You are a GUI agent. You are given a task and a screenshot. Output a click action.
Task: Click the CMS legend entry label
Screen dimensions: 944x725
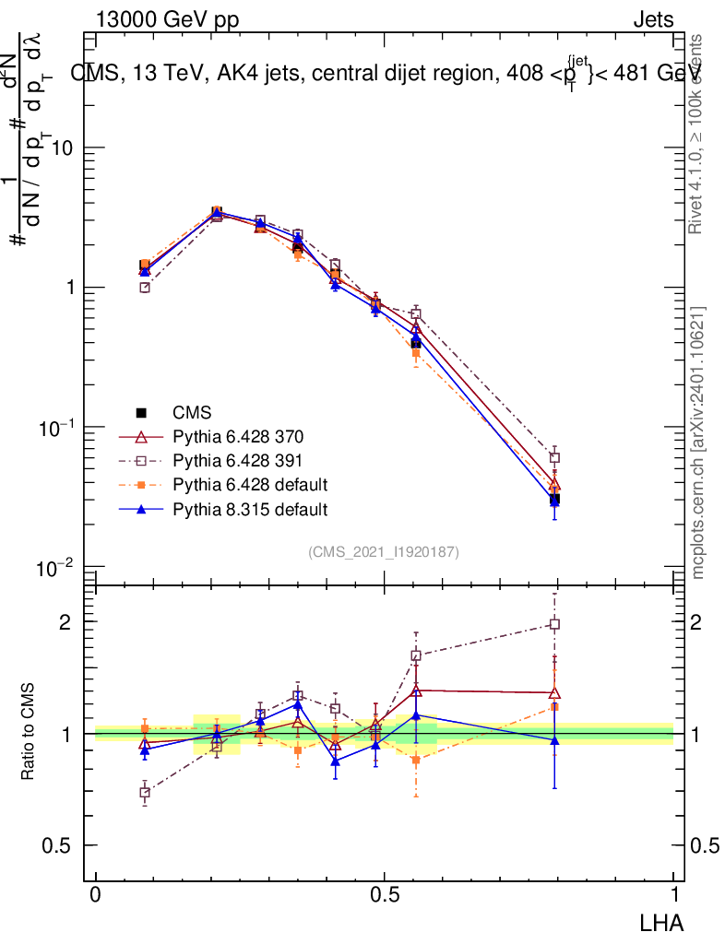(x=193, y=412)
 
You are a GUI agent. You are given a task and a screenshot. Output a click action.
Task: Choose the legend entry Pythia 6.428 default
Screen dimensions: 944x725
(x=250, y=484)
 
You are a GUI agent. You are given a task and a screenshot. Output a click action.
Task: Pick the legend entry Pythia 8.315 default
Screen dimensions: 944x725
(x=250, y=508)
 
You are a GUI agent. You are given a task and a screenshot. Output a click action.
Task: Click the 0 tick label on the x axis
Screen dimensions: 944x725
(x=96, y=895)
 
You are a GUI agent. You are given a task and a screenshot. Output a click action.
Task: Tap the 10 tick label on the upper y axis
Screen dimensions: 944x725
(x=62, y=148)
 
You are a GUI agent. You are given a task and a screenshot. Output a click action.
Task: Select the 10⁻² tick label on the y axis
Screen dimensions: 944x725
(x=55, y=567)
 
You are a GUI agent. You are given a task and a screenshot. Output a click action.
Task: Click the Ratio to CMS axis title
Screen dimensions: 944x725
(x=28, y=732)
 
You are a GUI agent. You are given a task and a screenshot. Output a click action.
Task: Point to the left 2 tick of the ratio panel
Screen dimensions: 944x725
(x=65, y=622)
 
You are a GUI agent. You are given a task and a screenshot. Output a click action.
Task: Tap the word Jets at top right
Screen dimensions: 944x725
(x=652, y=20)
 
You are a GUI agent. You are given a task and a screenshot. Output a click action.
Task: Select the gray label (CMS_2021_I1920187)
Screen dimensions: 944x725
(x=384, y=551)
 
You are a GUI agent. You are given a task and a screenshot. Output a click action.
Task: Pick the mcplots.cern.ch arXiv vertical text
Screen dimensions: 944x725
(x=697, y=442)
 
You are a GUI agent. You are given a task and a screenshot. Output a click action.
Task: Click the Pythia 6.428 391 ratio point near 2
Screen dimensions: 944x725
(x=554, y=624)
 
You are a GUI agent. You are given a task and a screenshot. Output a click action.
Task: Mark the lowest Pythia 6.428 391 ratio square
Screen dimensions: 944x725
(x=145, y=792)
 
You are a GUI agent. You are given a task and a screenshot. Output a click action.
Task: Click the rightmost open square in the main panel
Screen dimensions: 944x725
(x=554, y=458)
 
